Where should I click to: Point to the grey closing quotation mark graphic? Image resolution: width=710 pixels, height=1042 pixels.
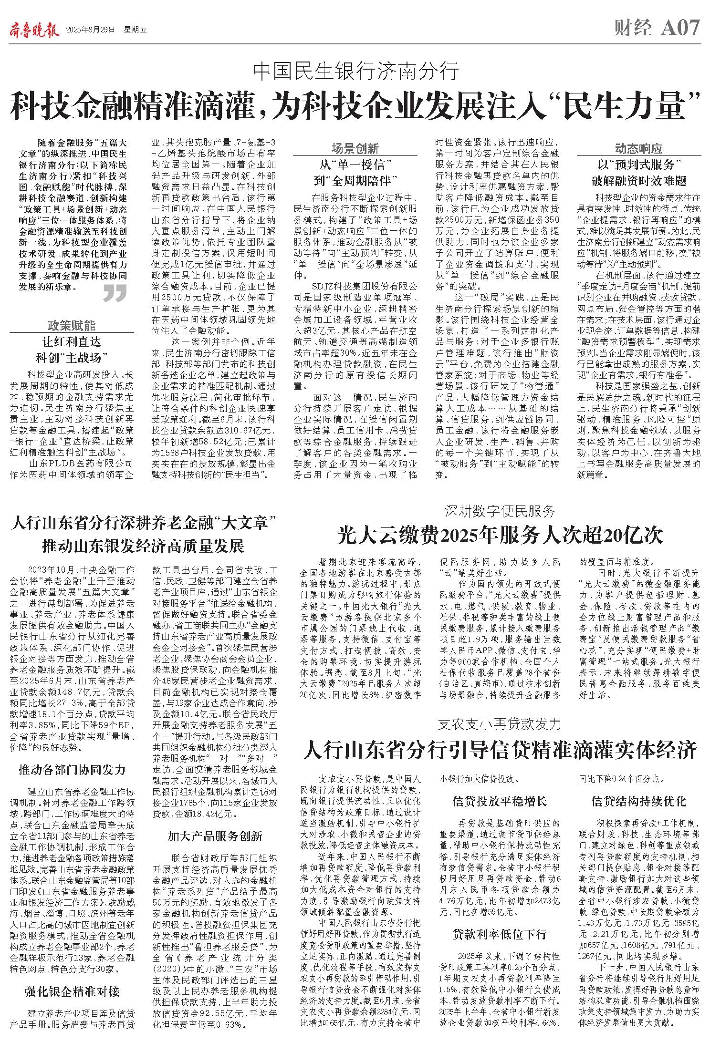pos(115,293)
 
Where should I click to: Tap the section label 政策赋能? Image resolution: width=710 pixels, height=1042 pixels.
pos(72,326)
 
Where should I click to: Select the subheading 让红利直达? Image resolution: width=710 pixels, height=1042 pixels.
pos(72,341)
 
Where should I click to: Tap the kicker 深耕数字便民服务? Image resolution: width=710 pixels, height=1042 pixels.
pos(500,511)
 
